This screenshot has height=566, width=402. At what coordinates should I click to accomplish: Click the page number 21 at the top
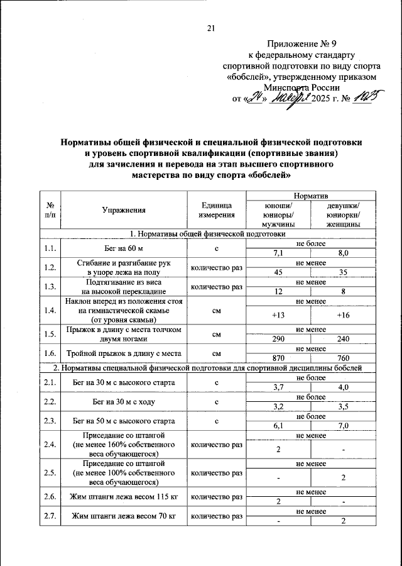(210, 27)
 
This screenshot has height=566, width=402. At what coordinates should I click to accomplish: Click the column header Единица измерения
(216, 211)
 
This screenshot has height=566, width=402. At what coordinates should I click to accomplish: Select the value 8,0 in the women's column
(343, 253)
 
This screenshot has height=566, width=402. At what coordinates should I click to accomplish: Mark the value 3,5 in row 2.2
(343, 407)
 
